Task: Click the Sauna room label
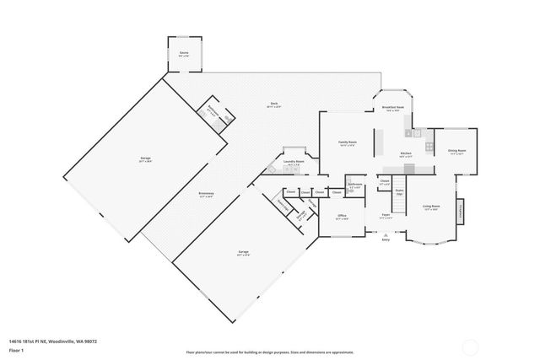pyautogui.click(x=184, y=53)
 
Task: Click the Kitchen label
pyautogui.click(x=406, y=153)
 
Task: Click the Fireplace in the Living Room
pyautogui.click(x=461, y=211)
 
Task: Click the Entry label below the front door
pyautogui.click(x=386, y=240)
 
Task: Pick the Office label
pyautogui.click(x=343, y=216)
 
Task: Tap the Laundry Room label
pyautogui.click(x=294, y=162)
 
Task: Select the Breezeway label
pyautogui.click(x=206, y=195)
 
